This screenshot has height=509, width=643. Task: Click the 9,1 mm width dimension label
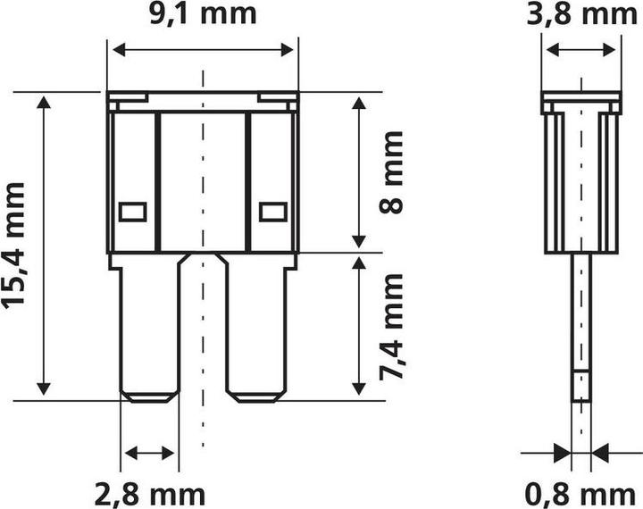tap(203, 14)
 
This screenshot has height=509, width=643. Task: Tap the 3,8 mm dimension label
tap(581, 14)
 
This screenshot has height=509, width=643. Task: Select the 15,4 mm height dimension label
tap(14, 245)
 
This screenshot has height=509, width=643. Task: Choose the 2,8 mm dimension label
tap(150, 492)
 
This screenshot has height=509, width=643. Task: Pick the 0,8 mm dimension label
tap(581, 492)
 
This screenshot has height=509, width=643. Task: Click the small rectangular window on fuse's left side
tap(132, 212)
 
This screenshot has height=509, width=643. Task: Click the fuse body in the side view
tap(581, 183)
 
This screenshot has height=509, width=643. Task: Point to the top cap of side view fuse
tap(581, 104)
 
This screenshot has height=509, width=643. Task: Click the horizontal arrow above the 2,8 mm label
tap(150, 454)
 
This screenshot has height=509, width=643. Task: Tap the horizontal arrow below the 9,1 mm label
tap(203, 50)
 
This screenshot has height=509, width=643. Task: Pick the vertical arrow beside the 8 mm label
tap(359, 171)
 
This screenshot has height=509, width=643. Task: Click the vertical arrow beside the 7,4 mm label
tap(359, 326)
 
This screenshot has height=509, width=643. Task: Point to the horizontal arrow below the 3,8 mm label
tap(581, 50)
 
